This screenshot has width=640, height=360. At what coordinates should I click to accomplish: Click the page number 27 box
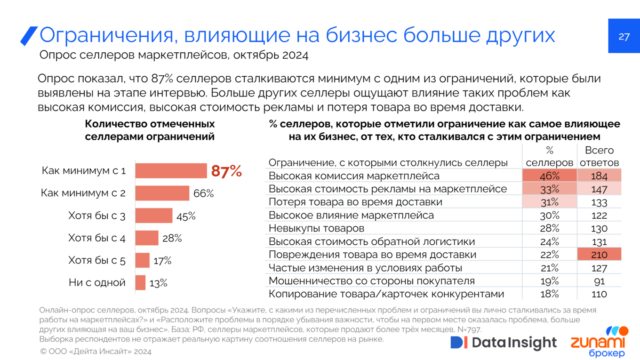[624, 36]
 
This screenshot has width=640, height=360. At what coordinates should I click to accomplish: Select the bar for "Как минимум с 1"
[171, 171]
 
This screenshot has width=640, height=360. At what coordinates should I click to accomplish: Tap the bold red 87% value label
[226, 171]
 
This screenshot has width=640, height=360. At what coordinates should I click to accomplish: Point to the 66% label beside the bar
[204, 193]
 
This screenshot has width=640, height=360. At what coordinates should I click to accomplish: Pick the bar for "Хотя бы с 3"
[154, 216]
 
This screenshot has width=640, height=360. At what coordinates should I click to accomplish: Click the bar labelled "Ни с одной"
[140, 283]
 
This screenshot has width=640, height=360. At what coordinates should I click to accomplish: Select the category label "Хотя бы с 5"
[97, 260]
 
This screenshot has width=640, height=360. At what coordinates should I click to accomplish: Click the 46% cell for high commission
[550, 176]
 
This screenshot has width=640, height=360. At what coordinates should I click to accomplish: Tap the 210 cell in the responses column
[599, 255]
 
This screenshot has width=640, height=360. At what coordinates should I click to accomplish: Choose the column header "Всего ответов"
[599, 156]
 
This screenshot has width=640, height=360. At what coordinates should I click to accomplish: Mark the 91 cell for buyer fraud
[599, 281]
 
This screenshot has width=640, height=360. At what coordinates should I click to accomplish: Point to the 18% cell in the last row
[550, 294]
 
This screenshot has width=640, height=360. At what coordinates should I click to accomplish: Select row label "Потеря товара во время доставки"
[355, 202]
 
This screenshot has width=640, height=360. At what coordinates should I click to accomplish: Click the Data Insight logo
[504, 343]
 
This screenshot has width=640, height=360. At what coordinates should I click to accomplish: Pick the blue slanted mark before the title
[29, 36]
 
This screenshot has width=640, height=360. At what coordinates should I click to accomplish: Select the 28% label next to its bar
[172, 238]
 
